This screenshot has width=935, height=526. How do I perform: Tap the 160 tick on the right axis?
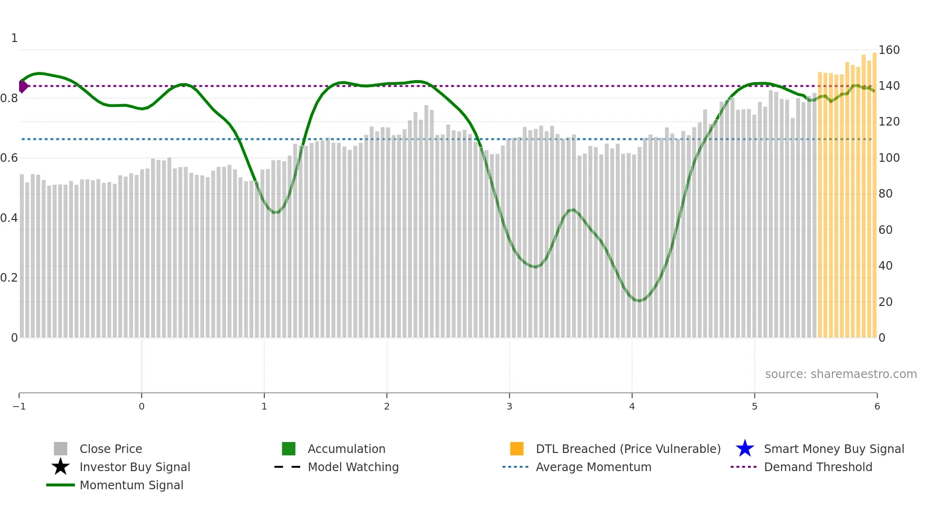[889, 50]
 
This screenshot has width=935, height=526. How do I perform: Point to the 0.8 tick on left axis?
[9, 98]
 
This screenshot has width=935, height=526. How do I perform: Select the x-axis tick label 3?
[509, 406]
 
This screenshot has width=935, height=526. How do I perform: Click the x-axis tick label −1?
[19, 406]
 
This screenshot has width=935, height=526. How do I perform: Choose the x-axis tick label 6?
[877, 406]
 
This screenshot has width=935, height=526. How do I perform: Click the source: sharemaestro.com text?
[841, 374]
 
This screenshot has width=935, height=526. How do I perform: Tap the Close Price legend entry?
[111, 449]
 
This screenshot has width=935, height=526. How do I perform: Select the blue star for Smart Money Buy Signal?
[745, 449]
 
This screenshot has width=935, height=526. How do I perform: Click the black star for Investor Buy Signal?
[61, 467]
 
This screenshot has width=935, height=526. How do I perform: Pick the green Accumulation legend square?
[289, 449]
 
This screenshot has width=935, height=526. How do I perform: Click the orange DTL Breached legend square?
[517, 449]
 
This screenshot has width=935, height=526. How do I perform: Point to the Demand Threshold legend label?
[818, 467]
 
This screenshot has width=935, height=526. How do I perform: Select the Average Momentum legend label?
[593, 467]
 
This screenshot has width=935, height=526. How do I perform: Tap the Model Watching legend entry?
[353, 467]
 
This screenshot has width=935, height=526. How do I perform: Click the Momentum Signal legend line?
[61, 485]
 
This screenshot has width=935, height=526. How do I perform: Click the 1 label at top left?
[14, 38]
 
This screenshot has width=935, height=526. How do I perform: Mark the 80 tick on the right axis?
[885, 194]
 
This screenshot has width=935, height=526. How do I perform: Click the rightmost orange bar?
[874, 191]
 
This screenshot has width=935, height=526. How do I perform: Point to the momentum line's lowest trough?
[639, 301]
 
